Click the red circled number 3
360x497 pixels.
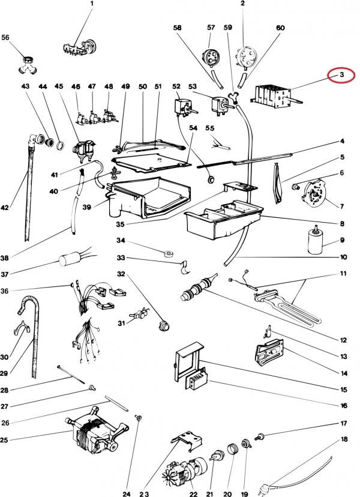[340, 76]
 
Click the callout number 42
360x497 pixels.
[5, 208]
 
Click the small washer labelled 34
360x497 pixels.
[169, 252]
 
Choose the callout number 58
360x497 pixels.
[177, 28]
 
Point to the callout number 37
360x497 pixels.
[5, 276]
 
